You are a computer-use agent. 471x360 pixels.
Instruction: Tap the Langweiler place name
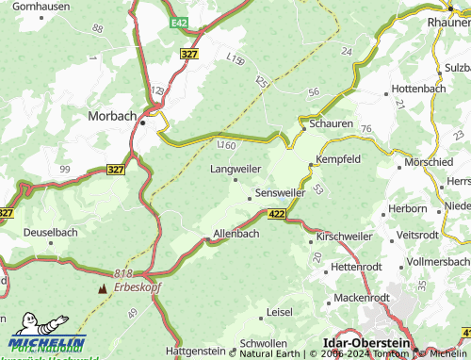235,169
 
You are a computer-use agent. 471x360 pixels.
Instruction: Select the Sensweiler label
280,192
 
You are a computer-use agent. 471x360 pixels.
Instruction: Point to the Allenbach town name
236,233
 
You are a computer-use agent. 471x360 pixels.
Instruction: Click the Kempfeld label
338,160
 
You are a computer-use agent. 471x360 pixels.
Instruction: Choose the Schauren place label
332,123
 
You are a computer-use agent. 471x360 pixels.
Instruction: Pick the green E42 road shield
181,22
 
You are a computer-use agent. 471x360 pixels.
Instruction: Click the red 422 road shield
276,216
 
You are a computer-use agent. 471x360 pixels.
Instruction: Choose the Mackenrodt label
363,298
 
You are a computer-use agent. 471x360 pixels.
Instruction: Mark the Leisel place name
280,311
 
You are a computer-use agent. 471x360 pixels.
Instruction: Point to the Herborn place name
407,208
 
